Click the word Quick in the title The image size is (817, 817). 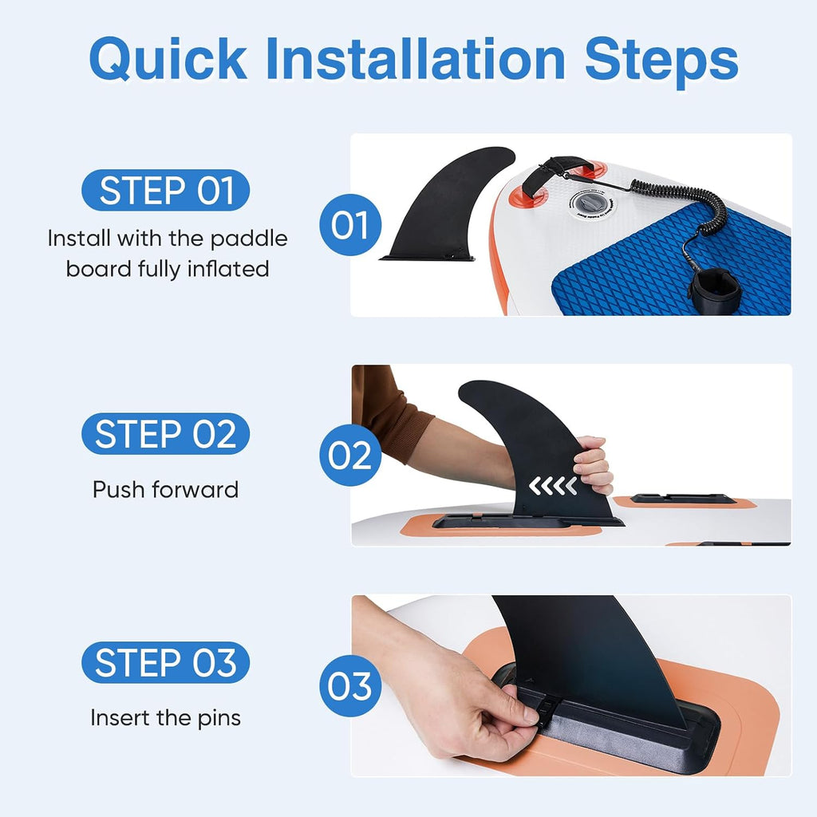click(x=168, y=58)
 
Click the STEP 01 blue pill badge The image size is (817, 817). click(x=166, y=190)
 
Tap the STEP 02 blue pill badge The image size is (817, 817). click(x=166, y=433)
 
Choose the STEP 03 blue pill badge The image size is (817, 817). click(x=166, y=662)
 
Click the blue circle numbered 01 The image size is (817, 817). click(x=350, y=224)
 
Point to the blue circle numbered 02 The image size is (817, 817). click(x=350, y=456)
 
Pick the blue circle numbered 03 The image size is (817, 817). click(x=350, y=685)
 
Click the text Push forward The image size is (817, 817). click(x=165, y=490)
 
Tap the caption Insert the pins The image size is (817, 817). click(x=165, y=718)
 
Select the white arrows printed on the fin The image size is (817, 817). click(x=553, y=486)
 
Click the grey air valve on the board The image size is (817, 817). click(x=593, y=203)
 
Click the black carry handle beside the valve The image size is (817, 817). click(x=556, y=172)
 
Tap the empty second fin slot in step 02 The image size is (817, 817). click(x=683, y=499)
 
